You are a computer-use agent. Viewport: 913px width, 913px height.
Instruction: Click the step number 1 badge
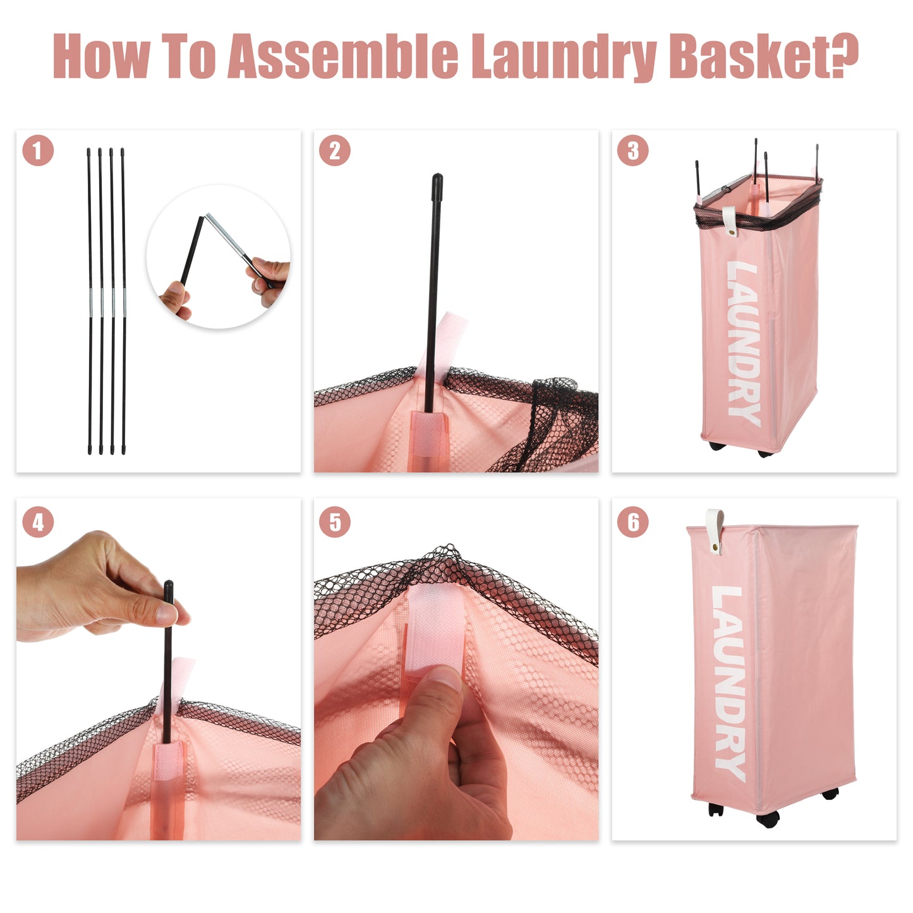click(x=38, y=151)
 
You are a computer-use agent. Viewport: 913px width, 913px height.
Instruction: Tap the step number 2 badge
click(x=335, y=151)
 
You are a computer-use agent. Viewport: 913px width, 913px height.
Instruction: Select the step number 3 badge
click(x=632, y=151)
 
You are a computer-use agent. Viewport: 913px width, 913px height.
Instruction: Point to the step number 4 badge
click(x=38, y=523)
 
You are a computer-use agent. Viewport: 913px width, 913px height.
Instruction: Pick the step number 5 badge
click(x=335, y=523)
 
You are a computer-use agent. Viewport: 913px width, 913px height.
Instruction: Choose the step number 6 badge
click(x=632, y=523)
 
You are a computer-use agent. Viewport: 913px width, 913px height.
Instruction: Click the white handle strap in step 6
click(x=715, y=531)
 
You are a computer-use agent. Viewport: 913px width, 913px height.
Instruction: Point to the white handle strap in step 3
click(x=730, y=221)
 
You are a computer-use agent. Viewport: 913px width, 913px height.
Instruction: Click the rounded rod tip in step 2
click(x=437, y=184)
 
